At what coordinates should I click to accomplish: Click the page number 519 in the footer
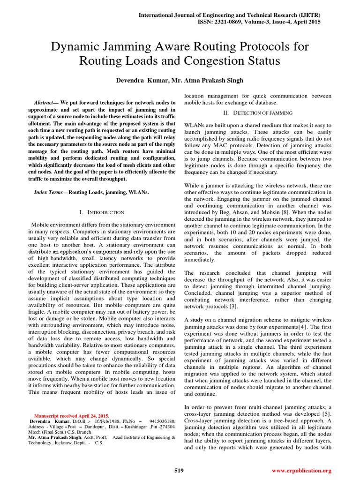(179, 470)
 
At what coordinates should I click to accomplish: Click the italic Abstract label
(46, 102)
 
